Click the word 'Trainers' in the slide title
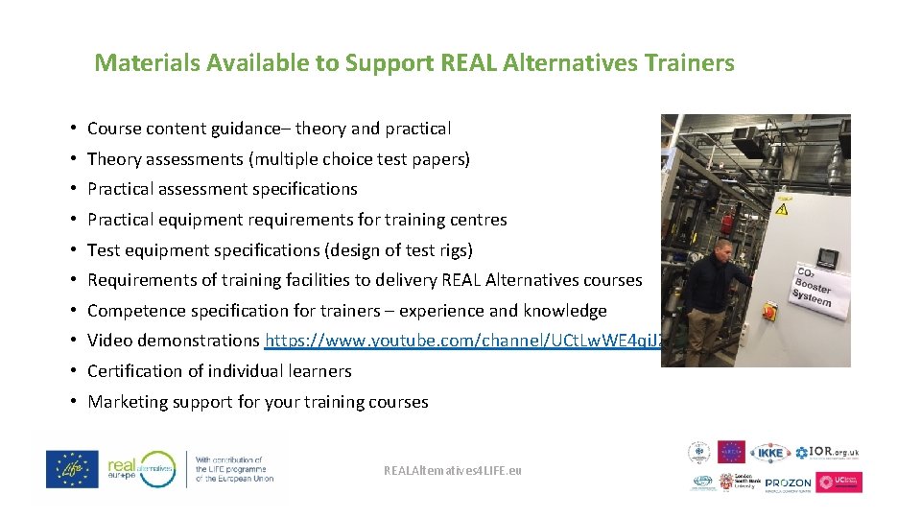pos(690,63)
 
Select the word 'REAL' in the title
pos(467,63)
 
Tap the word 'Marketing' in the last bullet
pos(124,402)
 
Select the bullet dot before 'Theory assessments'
pos(73,159)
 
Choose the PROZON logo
pos(789,483)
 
